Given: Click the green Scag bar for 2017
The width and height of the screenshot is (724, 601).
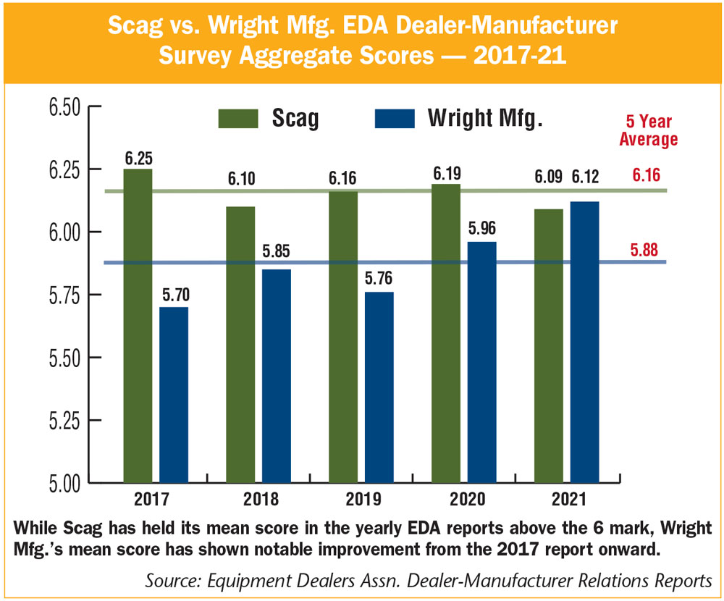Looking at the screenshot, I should pyautogui.click(x=138, y=326).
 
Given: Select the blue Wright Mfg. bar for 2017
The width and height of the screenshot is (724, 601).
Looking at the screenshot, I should pyautogui.click(x=174, y=395).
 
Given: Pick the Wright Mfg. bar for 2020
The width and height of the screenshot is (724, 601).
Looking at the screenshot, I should pyautogui.click(x=482, y=362).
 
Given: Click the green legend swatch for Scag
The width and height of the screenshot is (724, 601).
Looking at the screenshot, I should pyautogui.click(x=239, y=118).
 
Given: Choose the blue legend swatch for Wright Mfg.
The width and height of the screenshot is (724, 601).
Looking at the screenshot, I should pyautogui.click(x=394, y=118).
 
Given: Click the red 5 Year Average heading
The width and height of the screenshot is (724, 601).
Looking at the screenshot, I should pyautogui.click(x=648, y=130).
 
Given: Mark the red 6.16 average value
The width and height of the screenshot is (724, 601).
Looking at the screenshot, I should pyautogui.click(x=648, y=175).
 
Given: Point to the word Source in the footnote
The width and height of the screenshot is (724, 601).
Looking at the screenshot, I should pyautogui.click(x=169, y=581).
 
